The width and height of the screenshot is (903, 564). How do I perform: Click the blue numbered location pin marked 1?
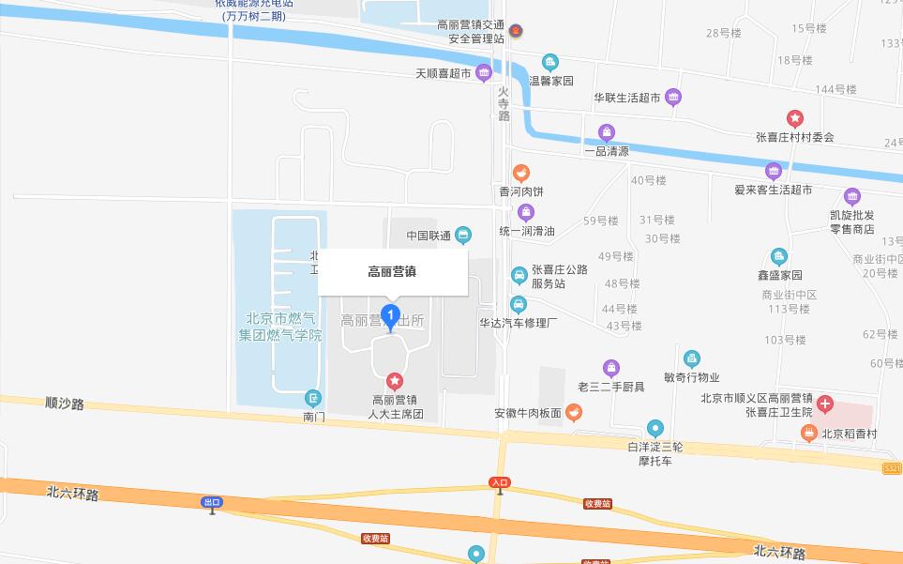tap(392, 316)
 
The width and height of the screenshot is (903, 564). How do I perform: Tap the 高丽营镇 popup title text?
tap(392, 272)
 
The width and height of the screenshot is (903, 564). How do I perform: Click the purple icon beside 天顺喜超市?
tap(484, 72)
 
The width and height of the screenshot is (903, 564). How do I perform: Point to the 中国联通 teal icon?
tap(463, 235)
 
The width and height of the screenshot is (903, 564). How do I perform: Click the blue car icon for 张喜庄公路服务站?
tap(519, 275)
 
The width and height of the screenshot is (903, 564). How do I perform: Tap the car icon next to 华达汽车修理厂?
tap(519, 304)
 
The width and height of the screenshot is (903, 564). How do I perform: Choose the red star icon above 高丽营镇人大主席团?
tap(395, 381)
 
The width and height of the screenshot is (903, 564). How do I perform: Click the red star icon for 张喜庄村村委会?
tap(794, 118)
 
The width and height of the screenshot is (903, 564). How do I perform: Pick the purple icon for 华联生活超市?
tap(673, 97)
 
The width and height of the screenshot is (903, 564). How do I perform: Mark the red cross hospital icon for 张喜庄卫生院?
tap(825, 404)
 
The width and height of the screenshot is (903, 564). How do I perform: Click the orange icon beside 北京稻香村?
tap(808, 433)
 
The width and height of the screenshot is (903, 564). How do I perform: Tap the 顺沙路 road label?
tap(65, 404)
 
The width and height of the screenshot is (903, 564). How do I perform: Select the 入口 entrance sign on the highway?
tap(500, 481)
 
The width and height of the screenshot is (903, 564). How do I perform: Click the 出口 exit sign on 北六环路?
tap(213, 502)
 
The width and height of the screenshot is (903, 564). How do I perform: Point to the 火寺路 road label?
tap(504, 103)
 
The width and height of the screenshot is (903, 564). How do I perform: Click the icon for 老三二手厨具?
tap(611, 367)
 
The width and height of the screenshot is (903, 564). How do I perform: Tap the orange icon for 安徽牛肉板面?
tap(574, 412)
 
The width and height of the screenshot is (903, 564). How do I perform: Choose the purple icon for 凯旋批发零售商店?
tap(851, 196)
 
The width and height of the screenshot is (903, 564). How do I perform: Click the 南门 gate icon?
tap(313, 398)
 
